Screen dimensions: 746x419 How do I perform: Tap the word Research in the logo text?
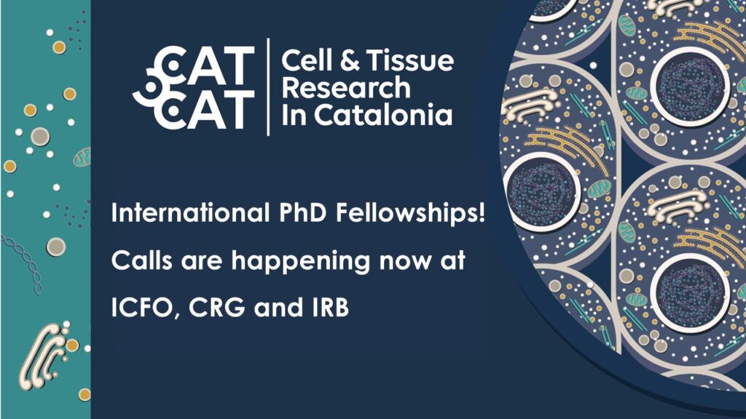tap(346, 88)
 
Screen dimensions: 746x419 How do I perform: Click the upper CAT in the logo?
tap(205, 65)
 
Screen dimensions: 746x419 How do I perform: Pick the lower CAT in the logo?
tap(205, 109)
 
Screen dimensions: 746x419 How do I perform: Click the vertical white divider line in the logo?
tap(268, 87)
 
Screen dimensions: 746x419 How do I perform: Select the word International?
tap(190, 212)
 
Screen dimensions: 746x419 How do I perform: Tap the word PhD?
tap(302, 212)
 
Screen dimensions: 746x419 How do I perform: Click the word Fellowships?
tap(405, 213)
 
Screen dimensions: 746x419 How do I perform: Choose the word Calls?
tap(142, 260)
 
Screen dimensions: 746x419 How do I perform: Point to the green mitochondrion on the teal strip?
tap(82, 157)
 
